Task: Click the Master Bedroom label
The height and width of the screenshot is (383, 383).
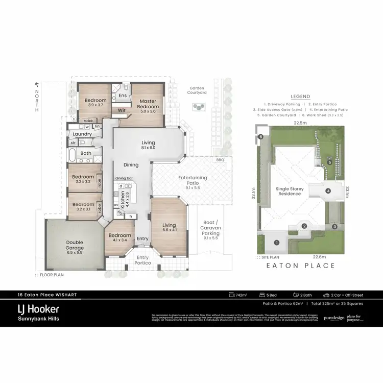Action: coord(148,104)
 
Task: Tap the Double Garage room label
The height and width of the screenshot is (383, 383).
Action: coord(75,246)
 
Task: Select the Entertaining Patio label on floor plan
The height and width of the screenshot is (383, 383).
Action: coord(193,180)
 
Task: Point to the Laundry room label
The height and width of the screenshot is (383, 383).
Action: coord(82,134)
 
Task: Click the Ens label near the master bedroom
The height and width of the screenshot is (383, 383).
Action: coord(123,95)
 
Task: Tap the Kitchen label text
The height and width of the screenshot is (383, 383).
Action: coord(122,195)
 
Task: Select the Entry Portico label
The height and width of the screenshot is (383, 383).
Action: coord(142,259)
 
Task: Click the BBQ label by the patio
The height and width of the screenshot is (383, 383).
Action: coord(220,160)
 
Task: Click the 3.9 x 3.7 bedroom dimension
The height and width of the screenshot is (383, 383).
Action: coord(95,105)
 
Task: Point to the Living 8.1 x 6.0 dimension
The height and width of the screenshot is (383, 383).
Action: coord(149,148)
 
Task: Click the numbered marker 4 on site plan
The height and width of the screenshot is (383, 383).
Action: coord(328,192)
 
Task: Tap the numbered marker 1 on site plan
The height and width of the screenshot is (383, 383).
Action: coord(276,243)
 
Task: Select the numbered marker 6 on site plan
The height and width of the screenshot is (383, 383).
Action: coord(260,136)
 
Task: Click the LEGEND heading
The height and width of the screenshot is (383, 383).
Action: coord(300,96)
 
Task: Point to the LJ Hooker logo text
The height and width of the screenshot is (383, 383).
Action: coord(39,309)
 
